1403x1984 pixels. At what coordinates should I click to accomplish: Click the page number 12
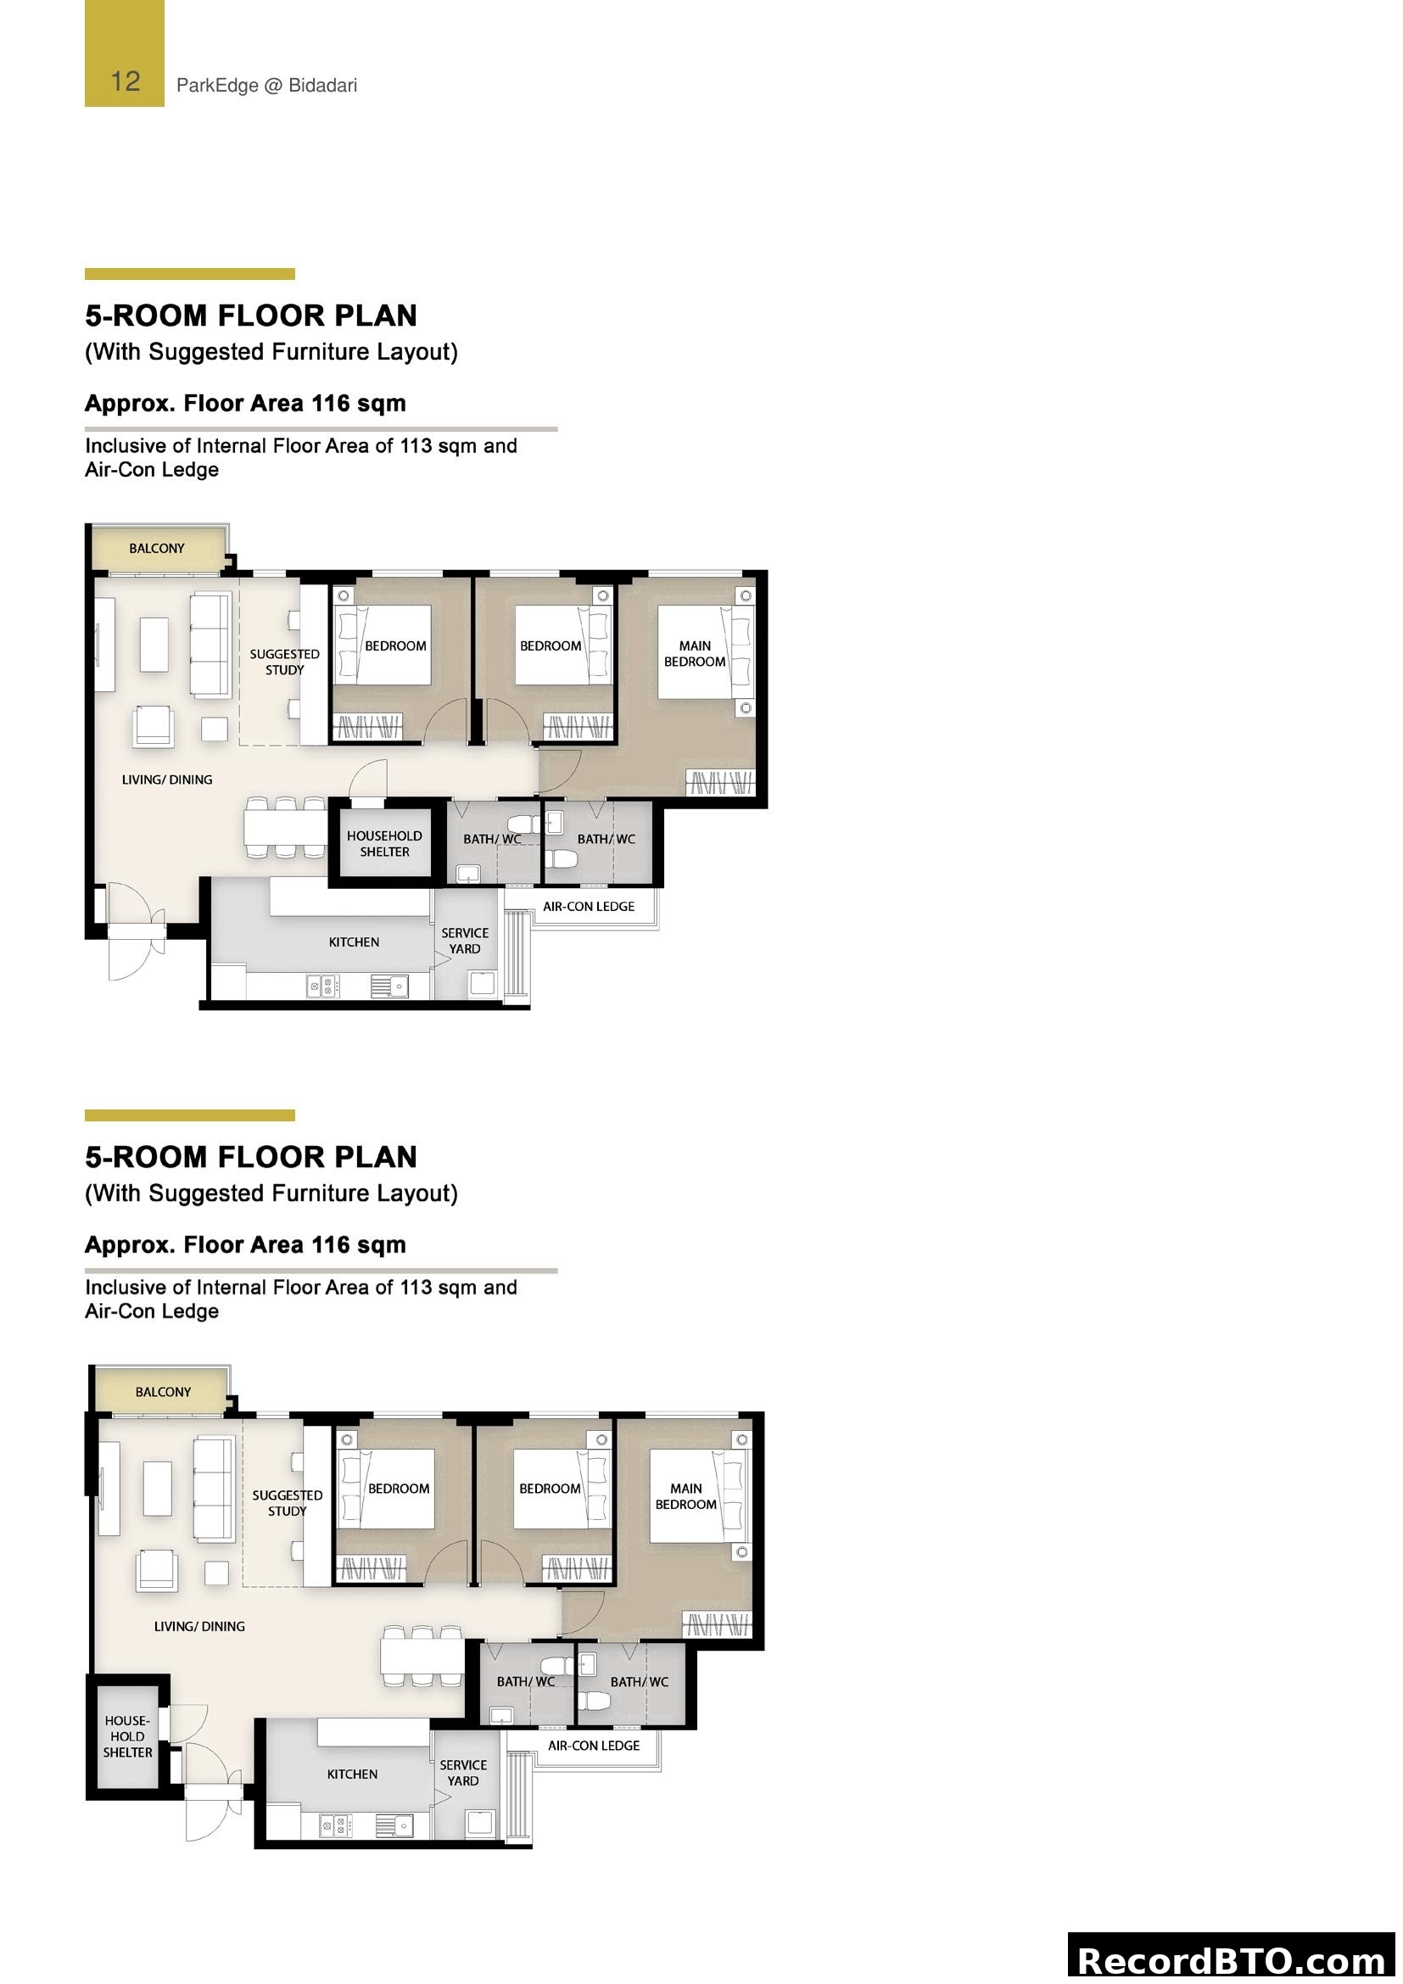[126, 81]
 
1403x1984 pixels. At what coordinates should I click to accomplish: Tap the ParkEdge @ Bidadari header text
[266, 86]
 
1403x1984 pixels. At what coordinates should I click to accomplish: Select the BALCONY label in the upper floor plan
[156, 548]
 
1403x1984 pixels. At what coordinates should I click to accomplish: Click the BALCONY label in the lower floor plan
[162, 1391]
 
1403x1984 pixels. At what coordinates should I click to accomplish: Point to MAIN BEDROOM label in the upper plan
[695, 653]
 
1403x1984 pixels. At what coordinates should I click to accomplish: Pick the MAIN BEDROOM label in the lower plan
[686, 1495]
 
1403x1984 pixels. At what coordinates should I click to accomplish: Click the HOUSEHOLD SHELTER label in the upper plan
[384, 843]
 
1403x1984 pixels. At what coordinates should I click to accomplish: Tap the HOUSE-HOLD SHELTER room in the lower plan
[127, 1736]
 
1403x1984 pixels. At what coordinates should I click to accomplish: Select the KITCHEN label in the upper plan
[354, 942]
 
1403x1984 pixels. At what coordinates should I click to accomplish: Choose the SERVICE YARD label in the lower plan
[463, 1772]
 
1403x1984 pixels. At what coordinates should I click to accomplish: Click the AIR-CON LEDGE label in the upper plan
[589, 907]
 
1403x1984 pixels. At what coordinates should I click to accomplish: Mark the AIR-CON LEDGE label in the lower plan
[594, 1746]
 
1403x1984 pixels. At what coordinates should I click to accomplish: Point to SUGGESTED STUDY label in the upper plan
[284, 662]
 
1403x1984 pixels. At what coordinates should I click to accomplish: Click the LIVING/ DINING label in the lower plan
[198, 1626]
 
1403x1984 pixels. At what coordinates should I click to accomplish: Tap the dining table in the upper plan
[285, 827]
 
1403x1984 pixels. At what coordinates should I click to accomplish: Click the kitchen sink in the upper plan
[389, 985]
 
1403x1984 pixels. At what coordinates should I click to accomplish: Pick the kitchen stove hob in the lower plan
[335, 1826]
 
